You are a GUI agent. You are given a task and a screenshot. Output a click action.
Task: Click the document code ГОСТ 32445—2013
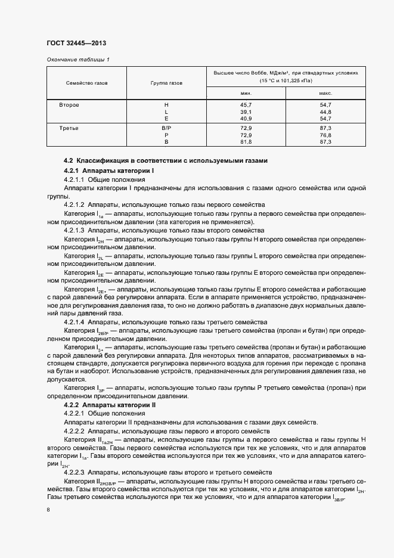pyautogui.click(x=76, y=44)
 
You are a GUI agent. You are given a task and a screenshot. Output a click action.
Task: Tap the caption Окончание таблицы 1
pyautogui.click(x=78, y=60)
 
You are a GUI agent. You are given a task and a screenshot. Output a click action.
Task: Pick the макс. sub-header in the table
pyautogui.click(x=325, y=93)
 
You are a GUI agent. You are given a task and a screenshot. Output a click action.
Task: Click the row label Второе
pyautogui.click(x=69, y=105)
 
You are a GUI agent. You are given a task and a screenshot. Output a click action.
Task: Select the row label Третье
pyautogui.click(x=69, y=128)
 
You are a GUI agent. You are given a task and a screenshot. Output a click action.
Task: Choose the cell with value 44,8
pyautogui.click(x=325, y=111)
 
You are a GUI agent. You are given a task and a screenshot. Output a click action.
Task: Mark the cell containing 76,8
pyautogui.click(x=325, y=135)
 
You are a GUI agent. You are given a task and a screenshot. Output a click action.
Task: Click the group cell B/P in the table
pyautogui.click(x=166, y=128)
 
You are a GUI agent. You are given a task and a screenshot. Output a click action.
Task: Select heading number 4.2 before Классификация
pyautogui.click(x=68, y=160)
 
